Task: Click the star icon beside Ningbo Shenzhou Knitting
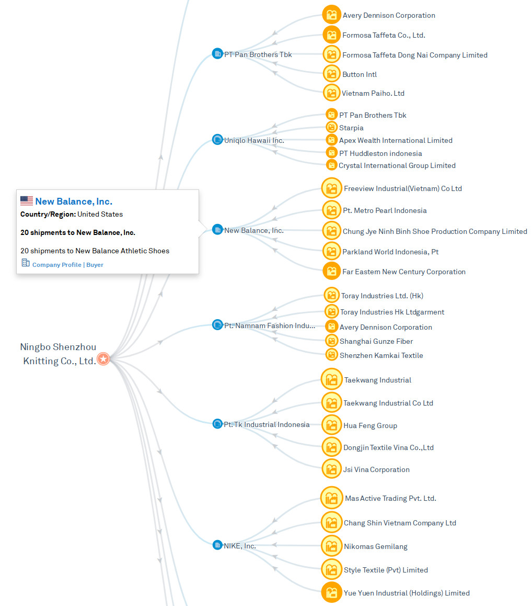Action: pyautogui.click(x=103, y=359)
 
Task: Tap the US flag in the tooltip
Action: pyautogui.click(x=27, y=201)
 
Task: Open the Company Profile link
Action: pyautogui.click(x=56, y=265)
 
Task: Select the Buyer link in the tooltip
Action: pyautogui.click(x=95, y=265)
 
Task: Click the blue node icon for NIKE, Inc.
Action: pyautogui.click(x=217, y=545)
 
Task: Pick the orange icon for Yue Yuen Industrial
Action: pyautogui.click(x=331, y=592)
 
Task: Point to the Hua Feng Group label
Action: pyautogui.click(x=370, y=425)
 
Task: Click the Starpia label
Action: pyautogui.click(x=351, y=128)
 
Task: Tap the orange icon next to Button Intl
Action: pyautogui.click(x=331, y=74)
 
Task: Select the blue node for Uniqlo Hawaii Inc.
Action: pyautogui.click(x=217, y=140)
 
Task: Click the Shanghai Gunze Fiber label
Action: pyautogui.click(x=376, y=341)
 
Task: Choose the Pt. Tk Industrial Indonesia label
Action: pyautogui.click(x=267, y=424)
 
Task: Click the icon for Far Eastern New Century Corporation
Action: pyautogui.click(x=331, y=271)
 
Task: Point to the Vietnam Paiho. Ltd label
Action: pyautogui.click(x=373, y=93)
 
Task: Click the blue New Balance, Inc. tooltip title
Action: pyautogui.click(x=74, y=201)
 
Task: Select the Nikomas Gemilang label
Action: pyautogui.click(x=375, y=546)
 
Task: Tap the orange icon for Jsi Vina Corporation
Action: pyautogui.click(x=331, y=469)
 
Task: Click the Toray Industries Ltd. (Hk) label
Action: pyautogui.click(x=382, y=296)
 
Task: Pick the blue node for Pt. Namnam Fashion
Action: pyautogui.click(x=217, y=325)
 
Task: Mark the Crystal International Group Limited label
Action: pyautogui.click(x=397, y=165)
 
